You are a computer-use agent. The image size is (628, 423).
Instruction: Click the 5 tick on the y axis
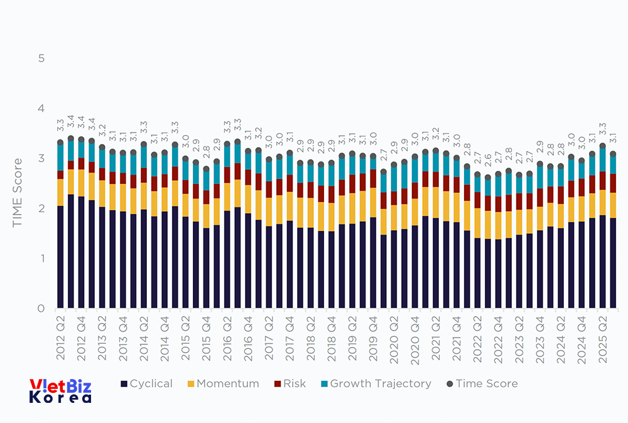[41, 58]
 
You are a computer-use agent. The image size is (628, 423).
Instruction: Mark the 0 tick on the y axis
[41, 309]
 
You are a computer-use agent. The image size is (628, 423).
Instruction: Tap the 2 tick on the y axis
[41, 209]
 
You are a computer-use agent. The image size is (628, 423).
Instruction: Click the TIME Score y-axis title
[18, 192]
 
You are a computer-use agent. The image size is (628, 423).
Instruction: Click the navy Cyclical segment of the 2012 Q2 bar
[60, 257]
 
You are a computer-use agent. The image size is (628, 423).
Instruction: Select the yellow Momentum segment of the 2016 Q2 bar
[227, 197]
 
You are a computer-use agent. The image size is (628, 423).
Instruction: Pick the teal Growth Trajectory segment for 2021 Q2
[435, 162]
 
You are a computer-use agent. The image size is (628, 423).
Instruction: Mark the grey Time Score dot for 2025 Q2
[602, 146]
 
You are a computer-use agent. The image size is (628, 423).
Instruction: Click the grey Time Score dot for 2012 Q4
[81, 140]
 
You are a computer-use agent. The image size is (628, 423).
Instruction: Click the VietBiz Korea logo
[60, 390]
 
